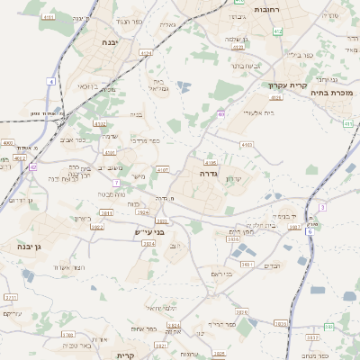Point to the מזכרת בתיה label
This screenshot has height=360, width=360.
tap(333, 92)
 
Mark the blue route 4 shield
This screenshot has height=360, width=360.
tap(52, 82)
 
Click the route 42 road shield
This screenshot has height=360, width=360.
tap(32, 166)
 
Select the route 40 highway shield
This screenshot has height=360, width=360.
tap(221, 114)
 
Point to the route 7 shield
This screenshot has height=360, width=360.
tap(116, 183)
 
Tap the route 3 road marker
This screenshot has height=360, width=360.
tap(321, 207)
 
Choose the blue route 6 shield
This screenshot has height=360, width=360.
tap(310, 231)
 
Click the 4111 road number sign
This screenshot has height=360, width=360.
tap(48, 17)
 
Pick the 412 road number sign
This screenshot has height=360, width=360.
tap(278, 31)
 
